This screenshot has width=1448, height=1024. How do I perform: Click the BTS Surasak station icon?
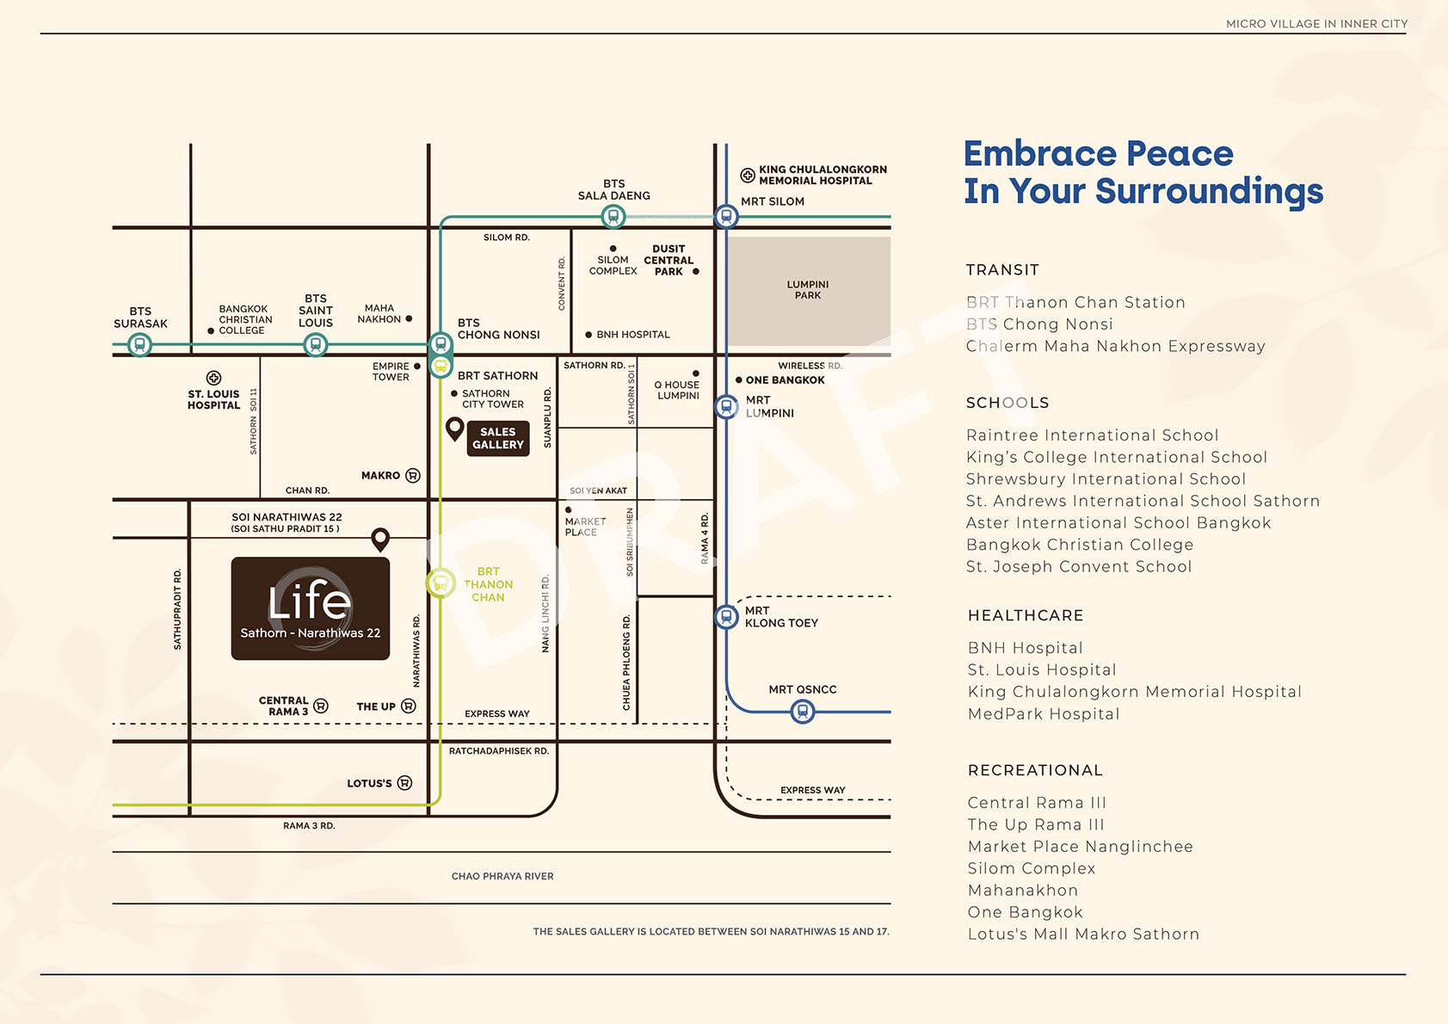point(139,344)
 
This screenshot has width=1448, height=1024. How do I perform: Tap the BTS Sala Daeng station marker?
point(613,217)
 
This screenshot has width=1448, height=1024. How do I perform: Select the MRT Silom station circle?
point(727,217)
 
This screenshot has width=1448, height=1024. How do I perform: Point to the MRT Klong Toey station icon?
point(727,617)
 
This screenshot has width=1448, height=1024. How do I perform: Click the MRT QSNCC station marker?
point(803,712)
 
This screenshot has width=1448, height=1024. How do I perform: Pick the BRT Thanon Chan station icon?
point(441,583)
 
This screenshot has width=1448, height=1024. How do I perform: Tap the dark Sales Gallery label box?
point(498,438)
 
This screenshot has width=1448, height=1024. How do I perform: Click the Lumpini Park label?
point(807,290)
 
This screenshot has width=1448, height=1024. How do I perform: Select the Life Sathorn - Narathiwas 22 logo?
point(311,608)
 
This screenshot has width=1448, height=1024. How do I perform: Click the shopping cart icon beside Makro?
point(412,476)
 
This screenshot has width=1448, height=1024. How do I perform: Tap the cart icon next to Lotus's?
point(404,783)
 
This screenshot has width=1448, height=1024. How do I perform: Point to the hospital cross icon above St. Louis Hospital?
point(214,378)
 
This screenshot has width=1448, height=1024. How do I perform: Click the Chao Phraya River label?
point(502,877)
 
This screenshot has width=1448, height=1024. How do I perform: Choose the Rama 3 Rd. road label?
point(309,826)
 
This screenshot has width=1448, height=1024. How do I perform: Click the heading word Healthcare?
point(1026,615)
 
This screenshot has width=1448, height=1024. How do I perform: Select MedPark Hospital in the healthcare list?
point(1044,714)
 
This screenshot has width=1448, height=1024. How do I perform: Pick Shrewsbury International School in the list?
point(1106,479)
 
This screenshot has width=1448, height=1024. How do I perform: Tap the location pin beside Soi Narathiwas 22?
point(380,540)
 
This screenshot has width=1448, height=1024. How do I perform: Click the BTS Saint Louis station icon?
point(316,344)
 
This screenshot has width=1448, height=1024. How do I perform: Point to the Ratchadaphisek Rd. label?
point(499,751)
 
